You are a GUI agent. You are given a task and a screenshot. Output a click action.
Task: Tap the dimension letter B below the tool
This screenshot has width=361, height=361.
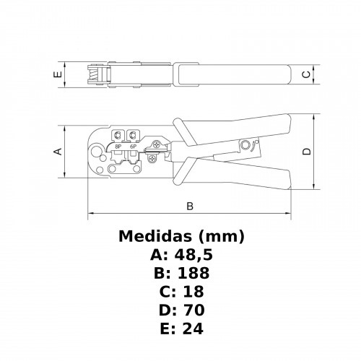[x=190, y=206]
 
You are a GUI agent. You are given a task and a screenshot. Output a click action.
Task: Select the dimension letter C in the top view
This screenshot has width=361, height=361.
[x=306, y=74]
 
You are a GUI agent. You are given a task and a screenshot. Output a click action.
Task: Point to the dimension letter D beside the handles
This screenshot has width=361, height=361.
[x=306, y=152]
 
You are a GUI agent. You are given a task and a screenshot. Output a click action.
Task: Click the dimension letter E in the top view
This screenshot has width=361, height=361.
[x=56, y=74]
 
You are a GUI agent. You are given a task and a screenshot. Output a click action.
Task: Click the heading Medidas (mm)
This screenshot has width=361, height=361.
[x=180, y=236]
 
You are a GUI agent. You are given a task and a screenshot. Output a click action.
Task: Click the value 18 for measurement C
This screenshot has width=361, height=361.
[x=191, y=292]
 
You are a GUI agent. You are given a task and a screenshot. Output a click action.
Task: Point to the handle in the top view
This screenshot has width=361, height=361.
[x=231, y=73]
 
